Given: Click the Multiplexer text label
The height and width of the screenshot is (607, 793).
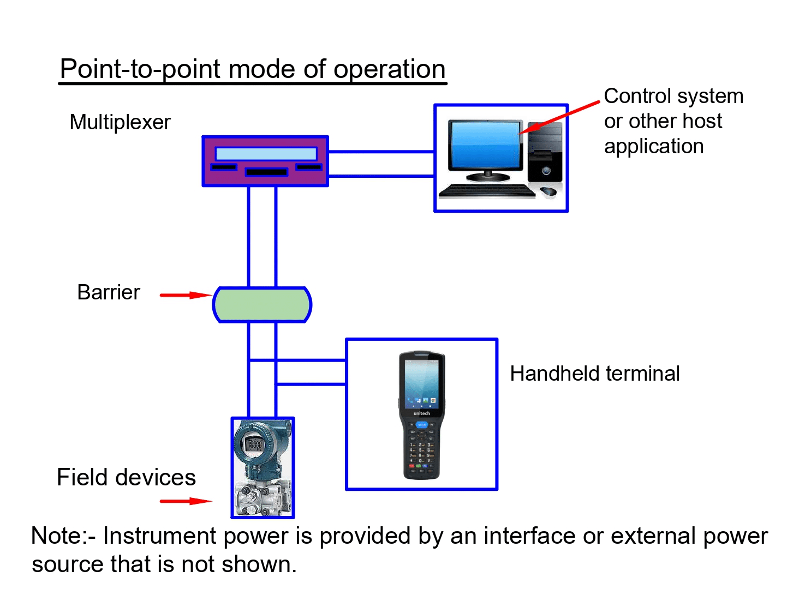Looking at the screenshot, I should pos(120,122).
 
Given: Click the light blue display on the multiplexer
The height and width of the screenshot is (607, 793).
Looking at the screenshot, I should pos(266,153).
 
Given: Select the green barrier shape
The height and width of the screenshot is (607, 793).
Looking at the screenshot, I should pos(262,305).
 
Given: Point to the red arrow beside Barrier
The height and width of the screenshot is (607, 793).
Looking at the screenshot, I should pos(185,295).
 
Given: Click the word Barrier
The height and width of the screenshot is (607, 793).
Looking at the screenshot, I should pos(109,292).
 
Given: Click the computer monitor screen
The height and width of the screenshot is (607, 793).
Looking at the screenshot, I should pos(484,145).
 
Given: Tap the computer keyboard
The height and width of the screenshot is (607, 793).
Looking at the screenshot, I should pos(486,190).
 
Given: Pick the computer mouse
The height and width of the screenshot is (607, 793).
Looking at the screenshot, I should pos(548,191).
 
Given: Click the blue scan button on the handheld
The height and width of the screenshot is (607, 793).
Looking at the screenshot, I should pos(422,424).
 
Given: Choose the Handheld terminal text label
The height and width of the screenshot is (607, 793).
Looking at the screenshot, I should pos(594,374).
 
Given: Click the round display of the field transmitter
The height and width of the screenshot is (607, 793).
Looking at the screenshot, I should pos(255,444).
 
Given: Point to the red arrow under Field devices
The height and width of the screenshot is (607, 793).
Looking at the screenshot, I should pos(185,501).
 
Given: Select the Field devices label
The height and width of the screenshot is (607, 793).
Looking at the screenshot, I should pos(126,477).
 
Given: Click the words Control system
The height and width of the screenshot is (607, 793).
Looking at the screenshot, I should pos(673,96).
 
